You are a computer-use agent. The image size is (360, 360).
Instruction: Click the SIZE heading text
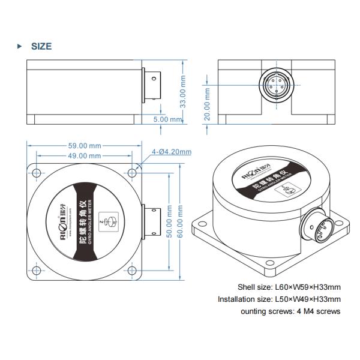(41, 46)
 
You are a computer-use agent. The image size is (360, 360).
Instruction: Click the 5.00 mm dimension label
(168, 119)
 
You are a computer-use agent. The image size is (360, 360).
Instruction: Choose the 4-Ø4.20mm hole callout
(172, 151)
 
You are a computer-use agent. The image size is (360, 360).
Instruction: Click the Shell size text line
(290, 287)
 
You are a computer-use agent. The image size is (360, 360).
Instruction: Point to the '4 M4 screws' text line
(290, 311)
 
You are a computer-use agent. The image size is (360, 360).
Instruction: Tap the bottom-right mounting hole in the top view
(133, 271)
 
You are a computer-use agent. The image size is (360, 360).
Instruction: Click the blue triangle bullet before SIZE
(20, 46)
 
